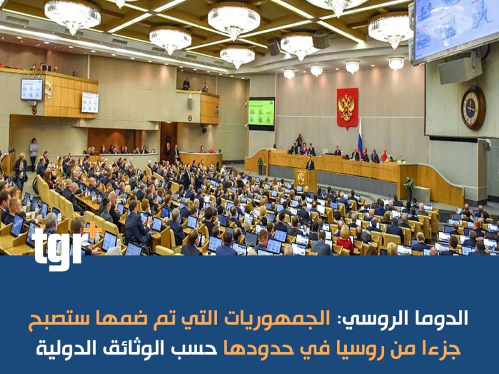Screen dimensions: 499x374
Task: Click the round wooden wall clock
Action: coord(473,107)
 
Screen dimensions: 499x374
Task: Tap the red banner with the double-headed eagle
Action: coord(347,108)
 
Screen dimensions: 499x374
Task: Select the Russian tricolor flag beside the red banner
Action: coord(360,137)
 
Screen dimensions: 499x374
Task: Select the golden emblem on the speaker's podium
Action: coord(301,178)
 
